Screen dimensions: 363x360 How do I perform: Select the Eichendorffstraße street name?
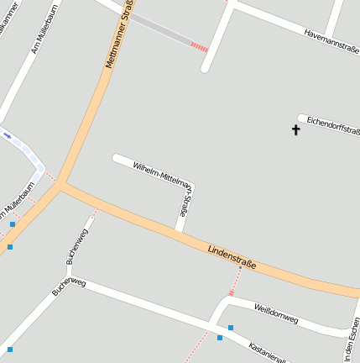[333, 126]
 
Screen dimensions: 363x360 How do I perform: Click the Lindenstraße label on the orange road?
[231, 257]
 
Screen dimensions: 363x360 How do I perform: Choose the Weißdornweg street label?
[275, 313]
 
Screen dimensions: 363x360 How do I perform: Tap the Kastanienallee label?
[267, 352]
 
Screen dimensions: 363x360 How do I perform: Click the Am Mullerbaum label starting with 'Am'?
[40, 38]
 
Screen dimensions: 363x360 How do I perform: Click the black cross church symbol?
[295, 129]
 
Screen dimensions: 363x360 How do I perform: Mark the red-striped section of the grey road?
[199, 47]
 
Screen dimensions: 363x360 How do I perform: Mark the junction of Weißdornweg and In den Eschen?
[348, 329]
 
